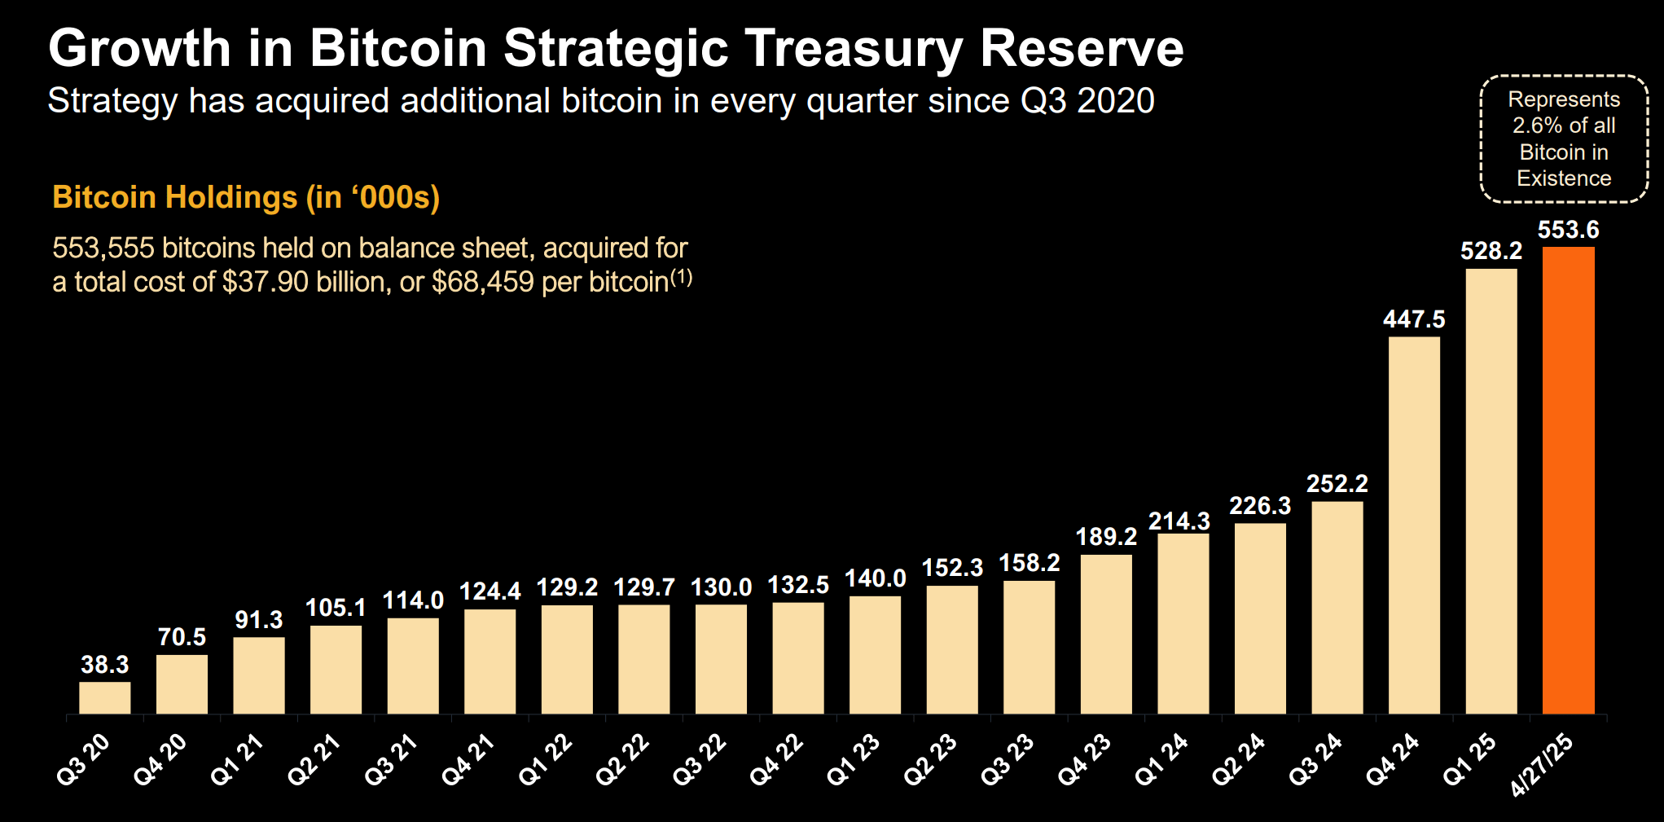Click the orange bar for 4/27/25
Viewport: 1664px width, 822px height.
click(1568, 481)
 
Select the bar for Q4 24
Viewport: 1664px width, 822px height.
click(1414, 525)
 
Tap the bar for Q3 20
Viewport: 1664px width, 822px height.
click(105, 698)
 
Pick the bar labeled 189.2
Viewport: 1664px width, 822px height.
click(1106, 635)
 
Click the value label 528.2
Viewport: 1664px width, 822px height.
click(1491, 251)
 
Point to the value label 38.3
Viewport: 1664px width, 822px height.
click(105, 665)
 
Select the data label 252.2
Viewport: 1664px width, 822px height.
click(1337, 484)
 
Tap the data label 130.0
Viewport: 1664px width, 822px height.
click(721, 587)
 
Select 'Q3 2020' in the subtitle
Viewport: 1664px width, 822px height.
click(1087, 101)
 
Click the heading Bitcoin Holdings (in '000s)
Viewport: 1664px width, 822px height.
click(246, 198)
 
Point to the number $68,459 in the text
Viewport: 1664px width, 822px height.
click(483, 282)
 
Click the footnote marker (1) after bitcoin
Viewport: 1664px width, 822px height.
click(681, 278)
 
